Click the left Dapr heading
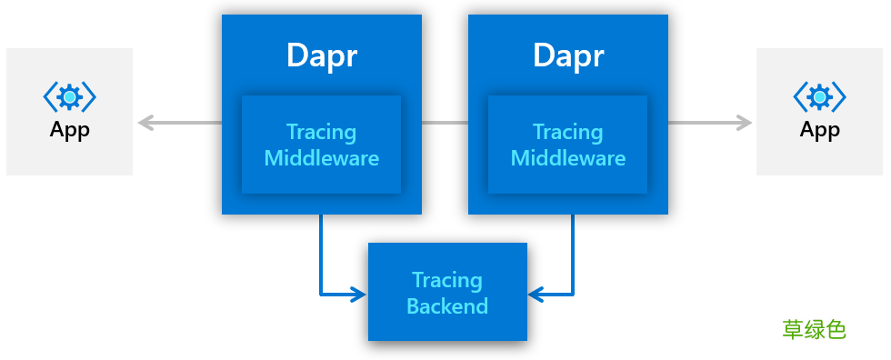[322, 55]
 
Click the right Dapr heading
[568, 55]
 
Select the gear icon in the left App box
[70, 96]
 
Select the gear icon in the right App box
[819, 96]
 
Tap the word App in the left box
[70, 130]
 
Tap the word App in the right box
[819, 130]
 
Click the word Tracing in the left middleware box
[322, 132]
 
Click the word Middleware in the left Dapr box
[322, 158]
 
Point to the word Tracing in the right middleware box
[568, 132]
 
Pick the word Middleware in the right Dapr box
[568, 158]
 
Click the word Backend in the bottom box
[447, 305]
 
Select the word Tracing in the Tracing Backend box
[447, 279]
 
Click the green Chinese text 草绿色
[814, 329]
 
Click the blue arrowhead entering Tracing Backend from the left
[358, 294]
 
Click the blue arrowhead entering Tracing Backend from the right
[536, 294]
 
